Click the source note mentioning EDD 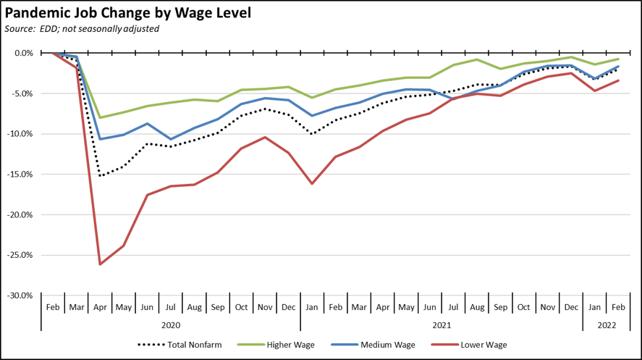[82, 29]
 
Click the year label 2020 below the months [171, 326]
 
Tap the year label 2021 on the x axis [442, 326]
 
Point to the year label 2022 [607, 326]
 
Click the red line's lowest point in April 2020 [100, 264]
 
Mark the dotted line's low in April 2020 [100, 176]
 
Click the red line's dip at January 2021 [312, 184]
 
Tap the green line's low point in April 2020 [100, 117]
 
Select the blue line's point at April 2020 [100, 139]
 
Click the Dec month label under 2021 [572, 307]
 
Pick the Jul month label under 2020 [171, 307]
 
